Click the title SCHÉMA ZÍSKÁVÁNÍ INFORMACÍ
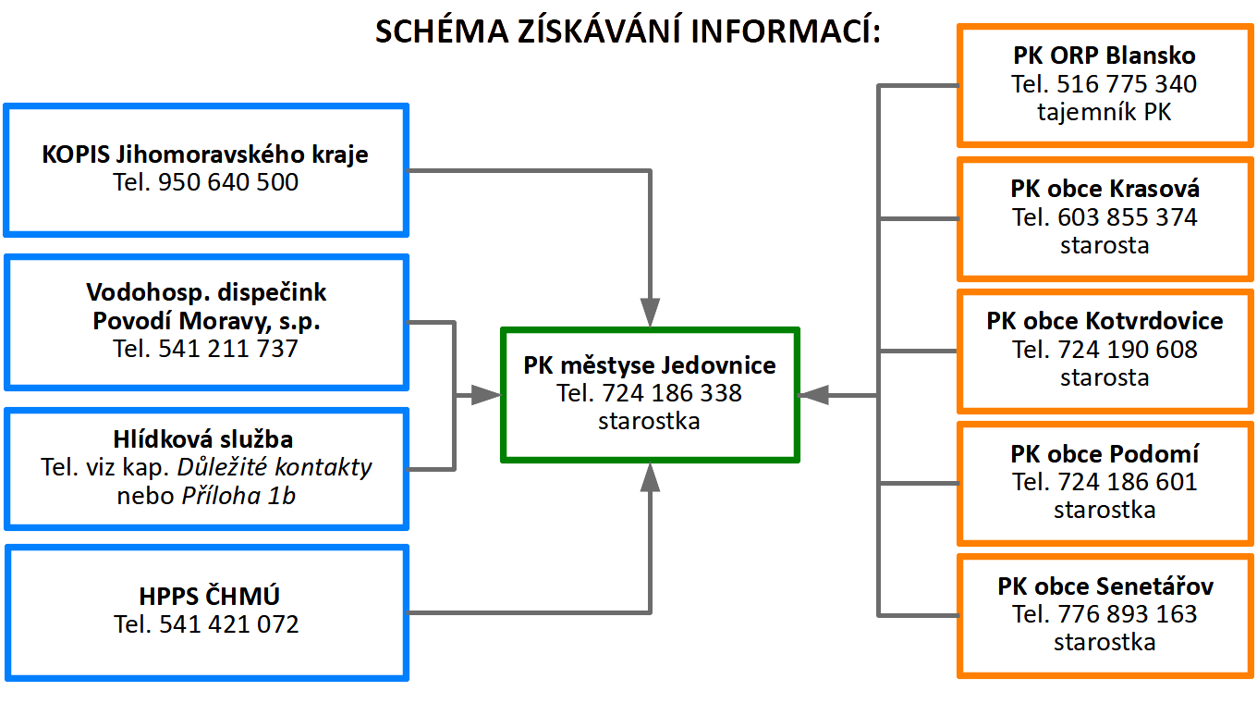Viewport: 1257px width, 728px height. (628, 31)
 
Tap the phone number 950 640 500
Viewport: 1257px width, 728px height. (227, 182)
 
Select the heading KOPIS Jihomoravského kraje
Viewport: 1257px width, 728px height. (205, 154)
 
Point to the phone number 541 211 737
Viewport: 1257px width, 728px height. (227, 348)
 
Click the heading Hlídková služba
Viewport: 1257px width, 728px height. (203, 439)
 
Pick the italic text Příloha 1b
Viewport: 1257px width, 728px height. (238, 496)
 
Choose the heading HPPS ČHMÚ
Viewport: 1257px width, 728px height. (209, 596)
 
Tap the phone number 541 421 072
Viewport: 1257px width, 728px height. (229, 624)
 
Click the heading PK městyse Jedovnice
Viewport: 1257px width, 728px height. (649, 365)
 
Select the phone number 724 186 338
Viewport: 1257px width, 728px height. (672, 393)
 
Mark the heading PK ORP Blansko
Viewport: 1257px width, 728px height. (1104, 56)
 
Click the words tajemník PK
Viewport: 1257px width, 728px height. (1104, 112)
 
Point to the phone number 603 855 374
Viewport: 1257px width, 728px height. (1128, 217)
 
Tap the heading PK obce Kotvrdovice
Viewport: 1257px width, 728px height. (1104, 321)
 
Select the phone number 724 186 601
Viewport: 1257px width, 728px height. (1128, 482)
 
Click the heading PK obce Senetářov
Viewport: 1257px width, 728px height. (1104, 586)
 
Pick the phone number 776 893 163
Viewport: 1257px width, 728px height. (1128, 614)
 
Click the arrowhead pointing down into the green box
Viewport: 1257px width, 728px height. (650, 312)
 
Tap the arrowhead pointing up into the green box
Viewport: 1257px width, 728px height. (650, 477)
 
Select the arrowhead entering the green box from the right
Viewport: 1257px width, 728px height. (813, 395)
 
